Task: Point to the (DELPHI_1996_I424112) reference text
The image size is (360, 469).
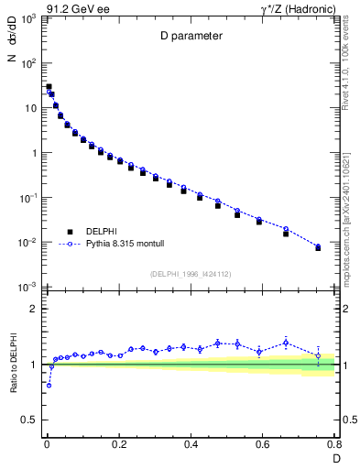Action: tap(190, 273)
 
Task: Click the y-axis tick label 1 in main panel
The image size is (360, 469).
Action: tap(33, 153)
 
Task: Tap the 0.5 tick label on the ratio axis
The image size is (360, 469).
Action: tap(29, 420)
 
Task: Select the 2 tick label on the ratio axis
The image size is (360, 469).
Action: tap(33, 309)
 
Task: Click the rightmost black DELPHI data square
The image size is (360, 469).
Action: tap(318, 248)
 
